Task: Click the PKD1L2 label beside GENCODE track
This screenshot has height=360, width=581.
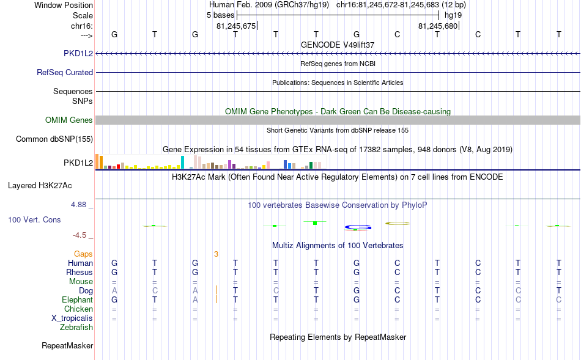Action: [x=78, y=53]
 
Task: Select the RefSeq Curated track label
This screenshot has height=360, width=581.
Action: [x=65, y=72]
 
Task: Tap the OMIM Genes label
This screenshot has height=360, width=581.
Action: [x=69, y=120]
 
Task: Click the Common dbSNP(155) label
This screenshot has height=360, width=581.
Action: [x=54, y=139]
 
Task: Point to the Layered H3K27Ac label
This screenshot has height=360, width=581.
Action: [x=40, y=186]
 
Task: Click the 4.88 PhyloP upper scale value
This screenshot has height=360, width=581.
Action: [x=78, y=205]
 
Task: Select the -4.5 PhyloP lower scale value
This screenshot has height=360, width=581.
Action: [x=80, y=235]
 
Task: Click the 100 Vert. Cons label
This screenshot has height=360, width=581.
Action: [x=34, y=219]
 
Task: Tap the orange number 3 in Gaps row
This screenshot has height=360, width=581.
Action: [x=216, y=254]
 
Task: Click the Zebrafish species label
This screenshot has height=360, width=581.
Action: [x=76, y=328]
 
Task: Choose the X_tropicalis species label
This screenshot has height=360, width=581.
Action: [x=72, y=318]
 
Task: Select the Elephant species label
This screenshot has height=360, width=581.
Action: [x=78, y=299]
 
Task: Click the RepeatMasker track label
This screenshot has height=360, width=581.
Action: [x=67, y=345]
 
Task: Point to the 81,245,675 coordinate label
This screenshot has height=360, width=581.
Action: [x=236, y=26]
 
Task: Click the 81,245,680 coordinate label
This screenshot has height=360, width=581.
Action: [x=438, y=26]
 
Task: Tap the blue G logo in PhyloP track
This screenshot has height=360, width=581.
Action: [x=358, y=227]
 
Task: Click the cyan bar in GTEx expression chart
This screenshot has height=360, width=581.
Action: [x=182, y=162]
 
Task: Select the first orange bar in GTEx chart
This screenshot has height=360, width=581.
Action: [x=97, y=161]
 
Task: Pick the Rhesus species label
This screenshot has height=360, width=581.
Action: [x=80, y=272]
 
